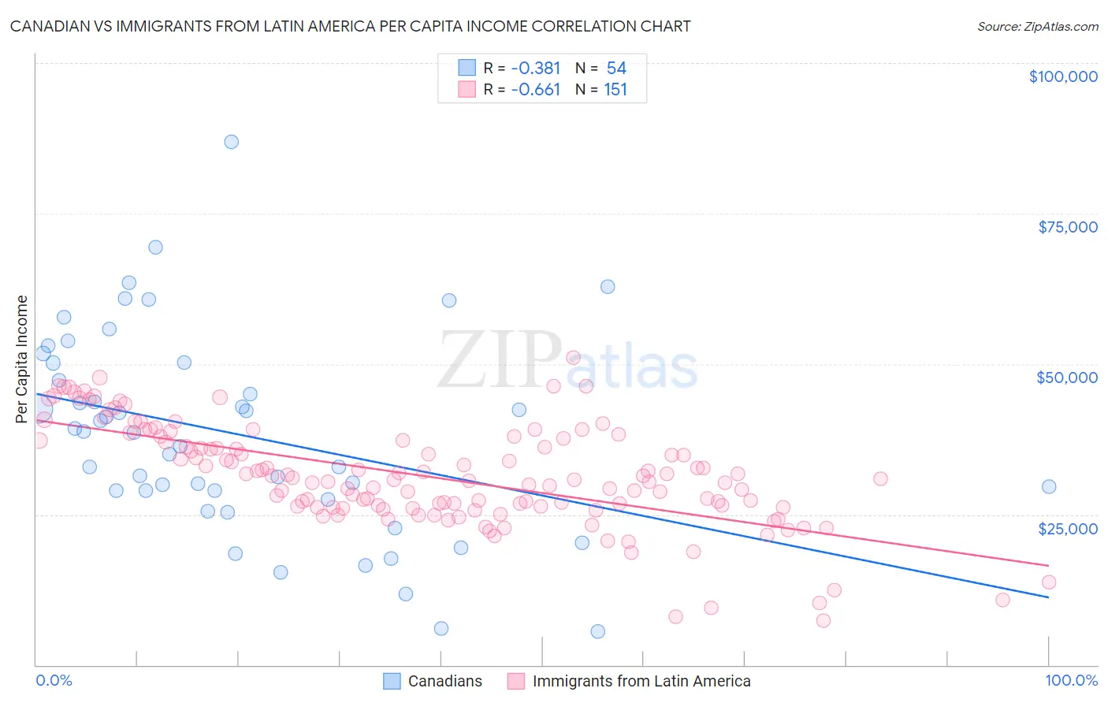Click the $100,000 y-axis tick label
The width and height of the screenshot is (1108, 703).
(x=1062, y=76)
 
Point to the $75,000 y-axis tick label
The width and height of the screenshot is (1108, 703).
(x=1067, y=227)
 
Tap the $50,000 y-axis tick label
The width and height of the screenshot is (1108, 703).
(x=1066, y=378)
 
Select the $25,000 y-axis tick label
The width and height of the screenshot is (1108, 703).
(x=1067, y=528)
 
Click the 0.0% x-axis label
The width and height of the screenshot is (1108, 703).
(x=54, y=680)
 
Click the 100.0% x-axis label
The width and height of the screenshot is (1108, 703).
(x=1071, y=680)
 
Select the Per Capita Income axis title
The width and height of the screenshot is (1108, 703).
(x=22, y=359)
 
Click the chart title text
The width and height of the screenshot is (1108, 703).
(x=350, y=26)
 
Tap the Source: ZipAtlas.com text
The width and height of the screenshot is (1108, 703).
(x=1037, y=26)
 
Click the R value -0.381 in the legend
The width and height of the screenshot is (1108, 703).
(x=535, y=69)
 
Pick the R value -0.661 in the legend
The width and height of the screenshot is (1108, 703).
(x=535, y=90)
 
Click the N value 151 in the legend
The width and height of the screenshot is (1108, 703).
(x=615, y=90)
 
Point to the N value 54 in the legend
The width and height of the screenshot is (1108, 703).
(x=616, y=69)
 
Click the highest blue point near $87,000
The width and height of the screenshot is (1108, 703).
(x=231, y=142)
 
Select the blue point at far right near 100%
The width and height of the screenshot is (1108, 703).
(x=1048, y=486)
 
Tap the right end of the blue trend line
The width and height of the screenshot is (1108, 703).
(x=1048, y=597)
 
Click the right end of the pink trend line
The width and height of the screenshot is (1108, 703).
(x=1048, y=565)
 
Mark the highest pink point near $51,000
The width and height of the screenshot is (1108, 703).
(x=573, y=357)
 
